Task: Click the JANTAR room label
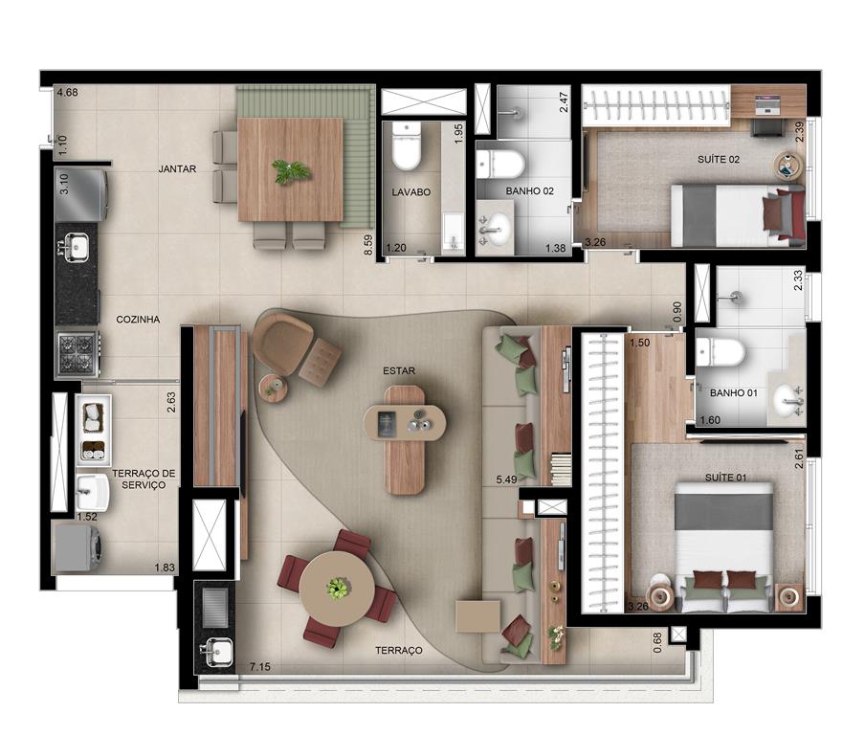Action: point(177,168)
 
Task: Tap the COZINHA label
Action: point(138,320)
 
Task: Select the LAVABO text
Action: point(411,192)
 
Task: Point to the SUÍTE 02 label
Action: point(719,160)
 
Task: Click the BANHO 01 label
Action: point(734,393)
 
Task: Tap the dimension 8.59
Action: point(368,245)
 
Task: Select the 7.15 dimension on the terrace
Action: point(260,667)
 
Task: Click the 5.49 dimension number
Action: point(506,479)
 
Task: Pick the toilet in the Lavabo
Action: point(407,145)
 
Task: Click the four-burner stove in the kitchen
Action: point(78,354)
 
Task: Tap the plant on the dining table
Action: point(289,170)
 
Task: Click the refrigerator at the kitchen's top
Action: point(81,195)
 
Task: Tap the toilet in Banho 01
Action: point(720,352)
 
